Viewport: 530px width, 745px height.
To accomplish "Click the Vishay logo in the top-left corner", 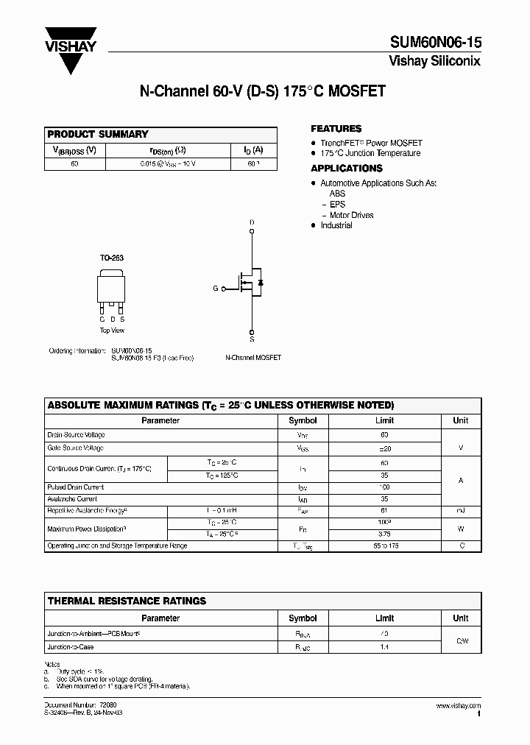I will click(71, 48).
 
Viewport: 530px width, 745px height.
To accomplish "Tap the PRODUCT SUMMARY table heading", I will click(98, 134).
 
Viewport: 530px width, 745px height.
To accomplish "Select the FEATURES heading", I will click(336, 128).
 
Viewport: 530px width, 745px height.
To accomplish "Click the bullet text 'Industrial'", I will click(336, 225).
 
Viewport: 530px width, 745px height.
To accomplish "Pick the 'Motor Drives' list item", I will click(351, 215).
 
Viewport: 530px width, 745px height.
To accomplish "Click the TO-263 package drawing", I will click(112, 288).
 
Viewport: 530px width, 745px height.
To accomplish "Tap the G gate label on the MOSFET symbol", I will click(216, 289).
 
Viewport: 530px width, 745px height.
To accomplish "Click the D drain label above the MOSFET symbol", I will click(252, 222).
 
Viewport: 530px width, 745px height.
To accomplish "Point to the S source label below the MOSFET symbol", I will click(252, 340).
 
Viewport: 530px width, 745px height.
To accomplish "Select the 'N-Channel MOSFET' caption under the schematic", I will click(253, 357).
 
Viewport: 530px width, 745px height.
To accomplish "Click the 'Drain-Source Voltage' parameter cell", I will click(76, 435).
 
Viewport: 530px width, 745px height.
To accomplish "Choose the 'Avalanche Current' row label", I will click(71, 498).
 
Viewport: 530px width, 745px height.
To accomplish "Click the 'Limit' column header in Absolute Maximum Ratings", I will click(384, 420).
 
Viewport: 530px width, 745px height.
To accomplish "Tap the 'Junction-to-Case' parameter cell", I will click(71, 647).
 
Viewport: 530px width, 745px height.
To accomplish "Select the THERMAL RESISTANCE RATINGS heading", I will click(127, 601).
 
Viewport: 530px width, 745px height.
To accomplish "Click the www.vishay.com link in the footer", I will click(458, 706).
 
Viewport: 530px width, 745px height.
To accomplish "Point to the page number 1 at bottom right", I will click(478, 714).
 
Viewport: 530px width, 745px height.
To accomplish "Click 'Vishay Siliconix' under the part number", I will click(434, 61).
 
